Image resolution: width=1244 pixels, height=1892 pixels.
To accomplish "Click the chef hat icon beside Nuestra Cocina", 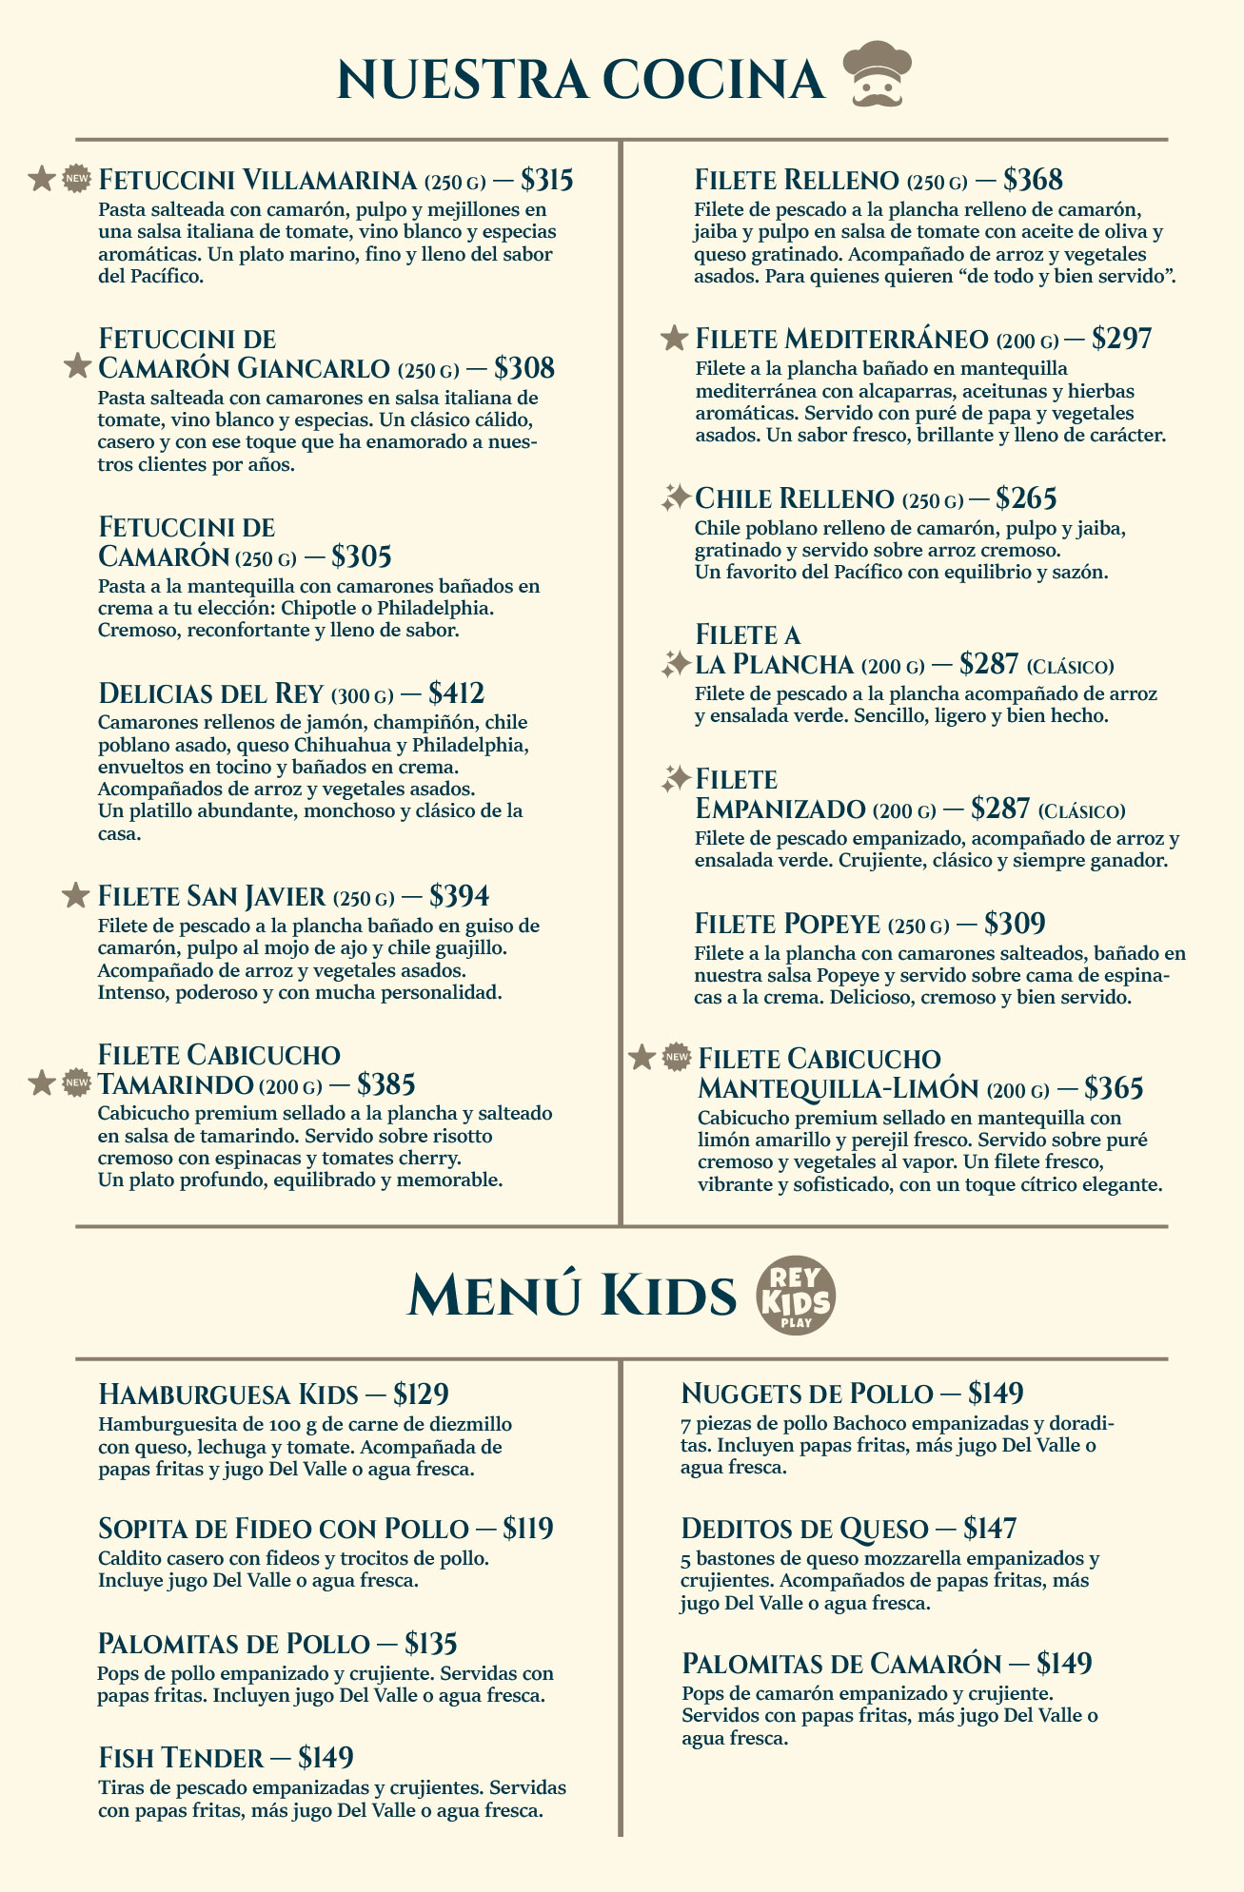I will [x=877, y=73].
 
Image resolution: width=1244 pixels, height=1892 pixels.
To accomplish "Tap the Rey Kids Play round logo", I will [x=796, y=1297].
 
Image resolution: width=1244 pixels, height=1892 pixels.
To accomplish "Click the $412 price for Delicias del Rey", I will [x=457, y=692].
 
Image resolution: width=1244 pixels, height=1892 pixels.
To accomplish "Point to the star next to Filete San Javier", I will [x=75, y=895].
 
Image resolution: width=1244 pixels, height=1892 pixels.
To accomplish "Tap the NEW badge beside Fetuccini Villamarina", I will [x=76, y=178].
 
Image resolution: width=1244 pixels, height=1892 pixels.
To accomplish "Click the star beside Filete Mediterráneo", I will [x=674, y=338].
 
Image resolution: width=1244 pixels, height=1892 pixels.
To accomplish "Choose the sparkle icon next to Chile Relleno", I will [x=675, y=497].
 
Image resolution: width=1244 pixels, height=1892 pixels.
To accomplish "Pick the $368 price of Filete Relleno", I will [x=1033, y=180].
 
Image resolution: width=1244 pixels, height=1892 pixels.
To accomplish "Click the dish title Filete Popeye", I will [x=787, y=923].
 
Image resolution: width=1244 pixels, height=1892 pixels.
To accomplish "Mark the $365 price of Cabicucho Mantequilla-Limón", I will [x=1114, y=1088].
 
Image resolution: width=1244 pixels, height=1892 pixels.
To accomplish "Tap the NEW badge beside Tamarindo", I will [x=76, y=1083].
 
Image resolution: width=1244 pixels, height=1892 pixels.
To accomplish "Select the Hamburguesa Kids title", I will [x=228, y=1395].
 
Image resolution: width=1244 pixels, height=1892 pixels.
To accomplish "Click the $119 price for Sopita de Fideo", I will [x=528, y=1529].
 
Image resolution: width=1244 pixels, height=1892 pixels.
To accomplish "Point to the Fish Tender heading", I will [x=181, y=1757].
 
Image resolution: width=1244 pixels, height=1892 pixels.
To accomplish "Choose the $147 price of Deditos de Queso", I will [x=990, y=1529].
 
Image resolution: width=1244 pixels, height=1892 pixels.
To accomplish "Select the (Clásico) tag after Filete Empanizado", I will [x=1081, y=811].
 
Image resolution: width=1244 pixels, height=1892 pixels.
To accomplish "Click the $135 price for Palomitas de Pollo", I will [x=431, y=1644].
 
